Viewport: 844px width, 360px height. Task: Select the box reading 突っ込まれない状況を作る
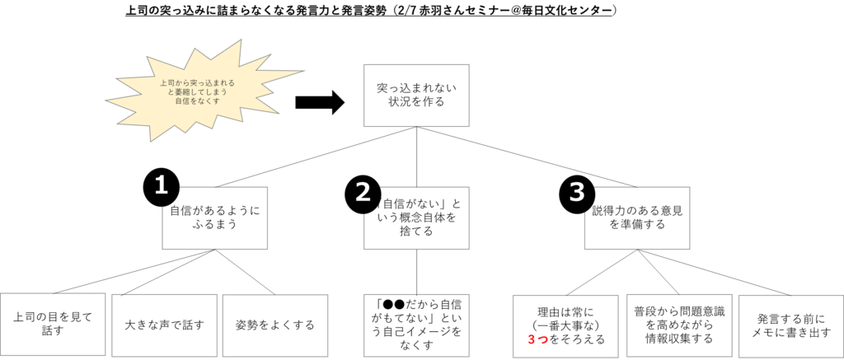(416, 96)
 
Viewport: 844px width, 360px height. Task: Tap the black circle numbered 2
(363, 191)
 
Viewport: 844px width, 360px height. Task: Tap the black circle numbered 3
(577, 192)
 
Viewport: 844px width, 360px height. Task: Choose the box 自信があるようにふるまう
(214, 217)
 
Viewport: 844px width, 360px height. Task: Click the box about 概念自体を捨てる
(416, 217)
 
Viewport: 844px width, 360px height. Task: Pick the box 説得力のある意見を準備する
(637, 217)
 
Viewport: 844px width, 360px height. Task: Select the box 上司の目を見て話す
(54, 324)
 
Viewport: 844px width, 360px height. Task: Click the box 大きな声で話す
(164, 324)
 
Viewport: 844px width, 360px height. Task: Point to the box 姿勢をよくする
(274, 324)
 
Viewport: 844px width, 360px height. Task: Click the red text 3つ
(537, 339)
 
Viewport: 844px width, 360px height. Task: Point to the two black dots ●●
(393, 302)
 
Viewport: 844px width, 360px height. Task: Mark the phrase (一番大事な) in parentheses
(565, 325)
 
